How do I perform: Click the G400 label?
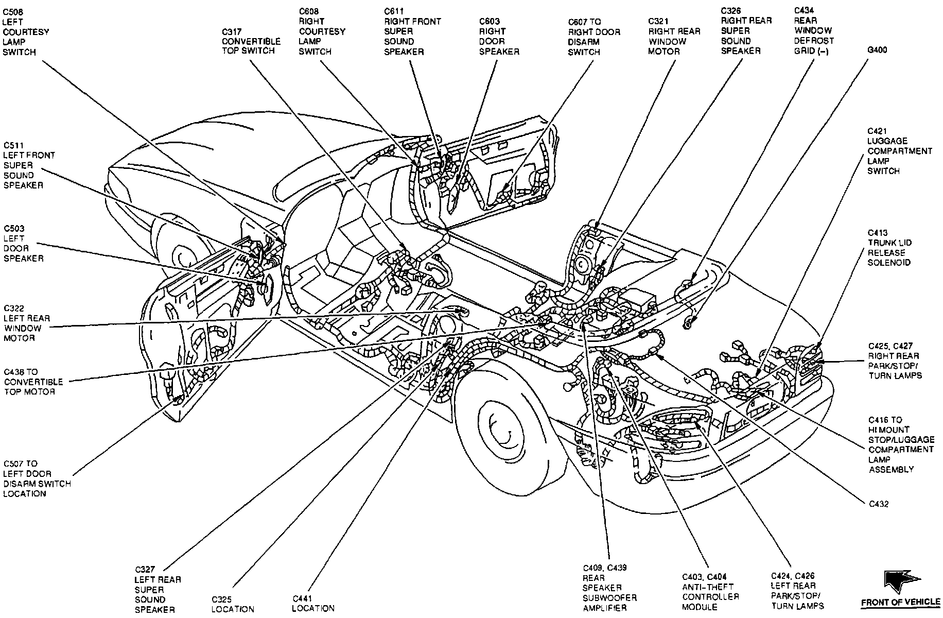click(x=877, y=50)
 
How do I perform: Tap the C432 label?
click(x=879, y=504)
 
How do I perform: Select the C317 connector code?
click(x=232, y=31)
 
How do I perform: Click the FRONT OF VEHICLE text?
click(x=901, y=602)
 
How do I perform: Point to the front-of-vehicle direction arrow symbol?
click(x=898, y=582)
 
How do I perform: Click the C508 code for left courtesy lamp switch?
click(x=13, y=11)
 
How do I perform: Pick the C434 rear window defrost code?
click(x=804, y=10)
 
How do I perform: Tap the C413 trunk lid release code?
click(x=878, y=233)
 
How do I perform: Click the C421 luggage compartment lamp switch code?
click(x=878, y=131)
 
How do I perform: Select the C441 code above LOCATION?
click(x=303, y=598)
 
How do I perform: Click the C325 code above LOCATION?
click(x=222, y=599)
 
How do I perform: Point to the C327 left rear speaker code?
click(x=146, y=570)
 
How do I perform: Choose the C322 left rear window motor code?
click(x=14, y=308)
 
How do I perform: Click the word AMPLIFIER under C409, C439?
click(x=605, y=608)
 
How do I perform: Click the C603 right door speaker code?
click(x=490, y=22)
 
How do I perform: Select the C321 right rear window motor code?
click(x=658, y=22)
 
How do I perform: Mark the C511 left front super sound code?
click(x=14, y=146)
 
